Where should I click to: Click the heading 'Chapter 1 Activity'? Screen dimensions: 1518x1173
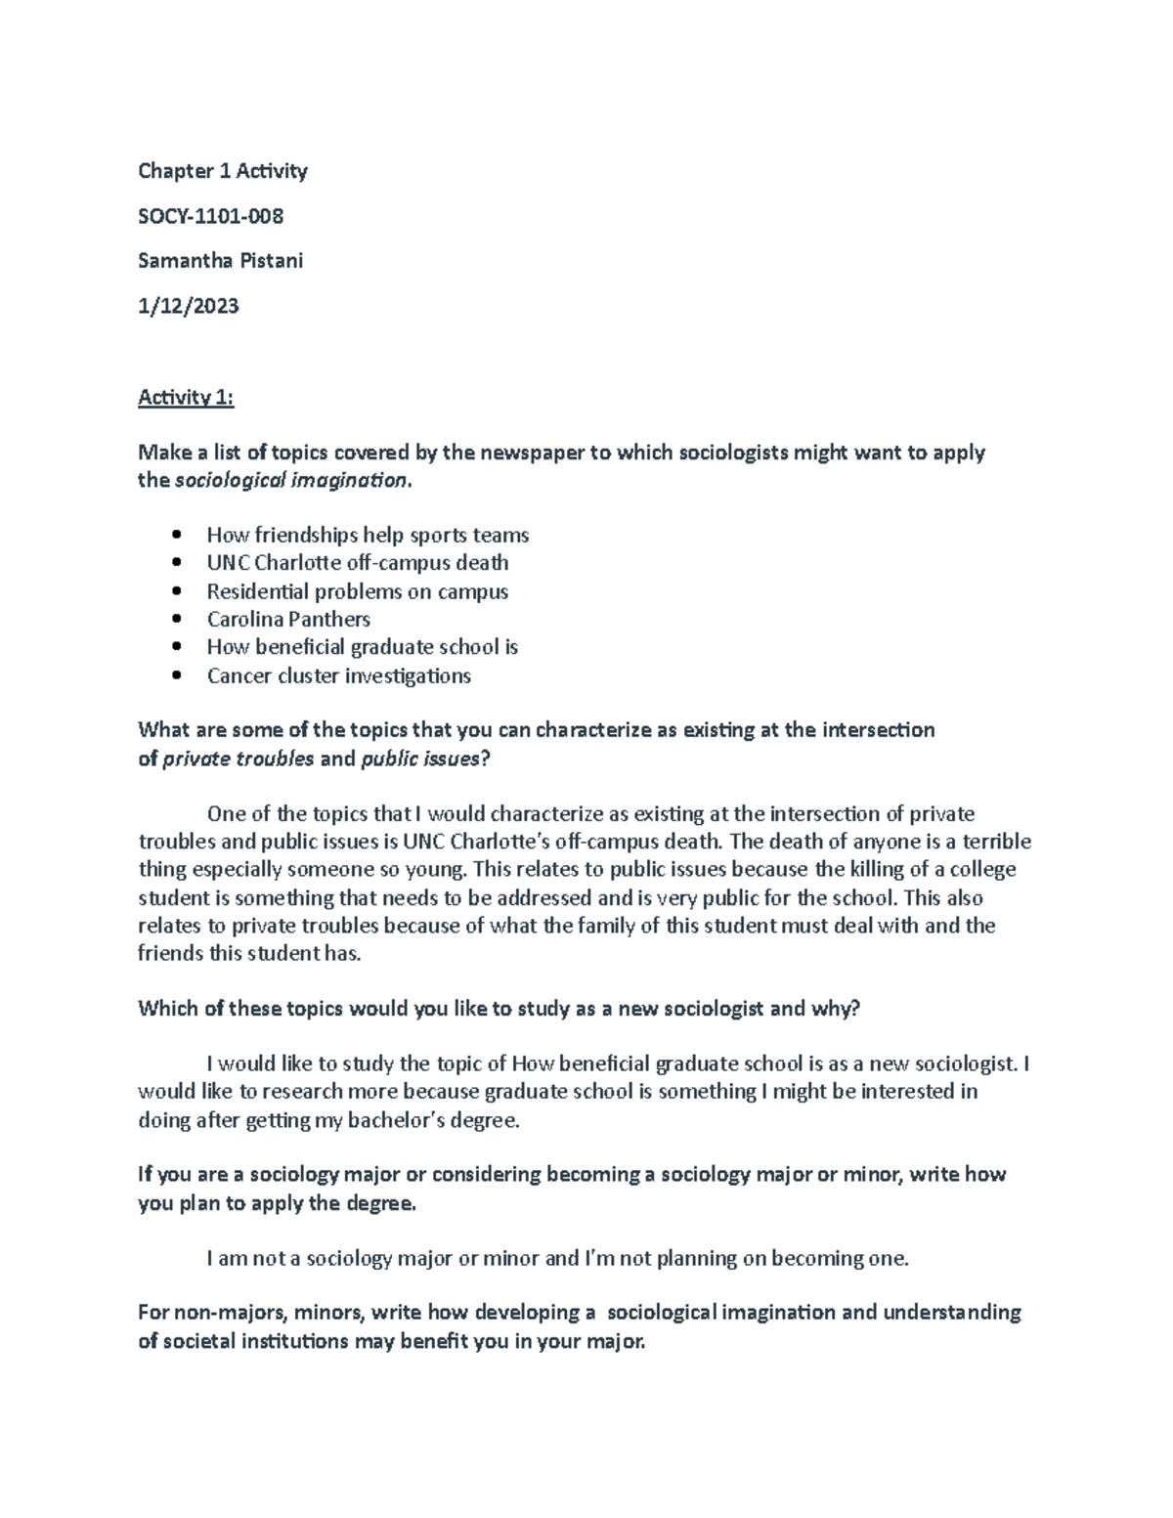tap(222, 171)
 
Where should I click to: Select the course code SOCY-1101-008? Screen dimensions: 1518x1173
tap(210, 216)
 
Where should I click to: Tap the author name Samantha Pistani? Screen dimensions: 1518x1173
tap(220, 261)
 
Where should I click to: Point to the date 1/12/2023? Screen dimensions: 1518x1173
tap(188, 306)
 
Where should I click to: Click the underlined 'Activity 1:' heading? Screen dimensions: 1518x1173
tap(186, 397)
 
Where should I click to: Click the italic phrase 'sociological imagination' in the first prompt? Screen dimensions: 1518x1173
tap(289, 480)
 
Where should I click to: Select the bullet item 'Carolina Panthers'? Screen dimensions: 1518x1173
tap(288, 619)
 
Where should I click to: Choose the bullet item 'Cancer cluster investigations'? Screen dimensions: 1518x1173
tap(338, 675)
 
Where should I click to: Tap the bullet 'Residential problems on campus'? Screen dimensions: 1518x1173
tap(357, 591)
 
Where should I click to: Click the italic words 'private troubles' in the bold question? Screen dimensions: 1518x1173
tap(238, 759)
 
